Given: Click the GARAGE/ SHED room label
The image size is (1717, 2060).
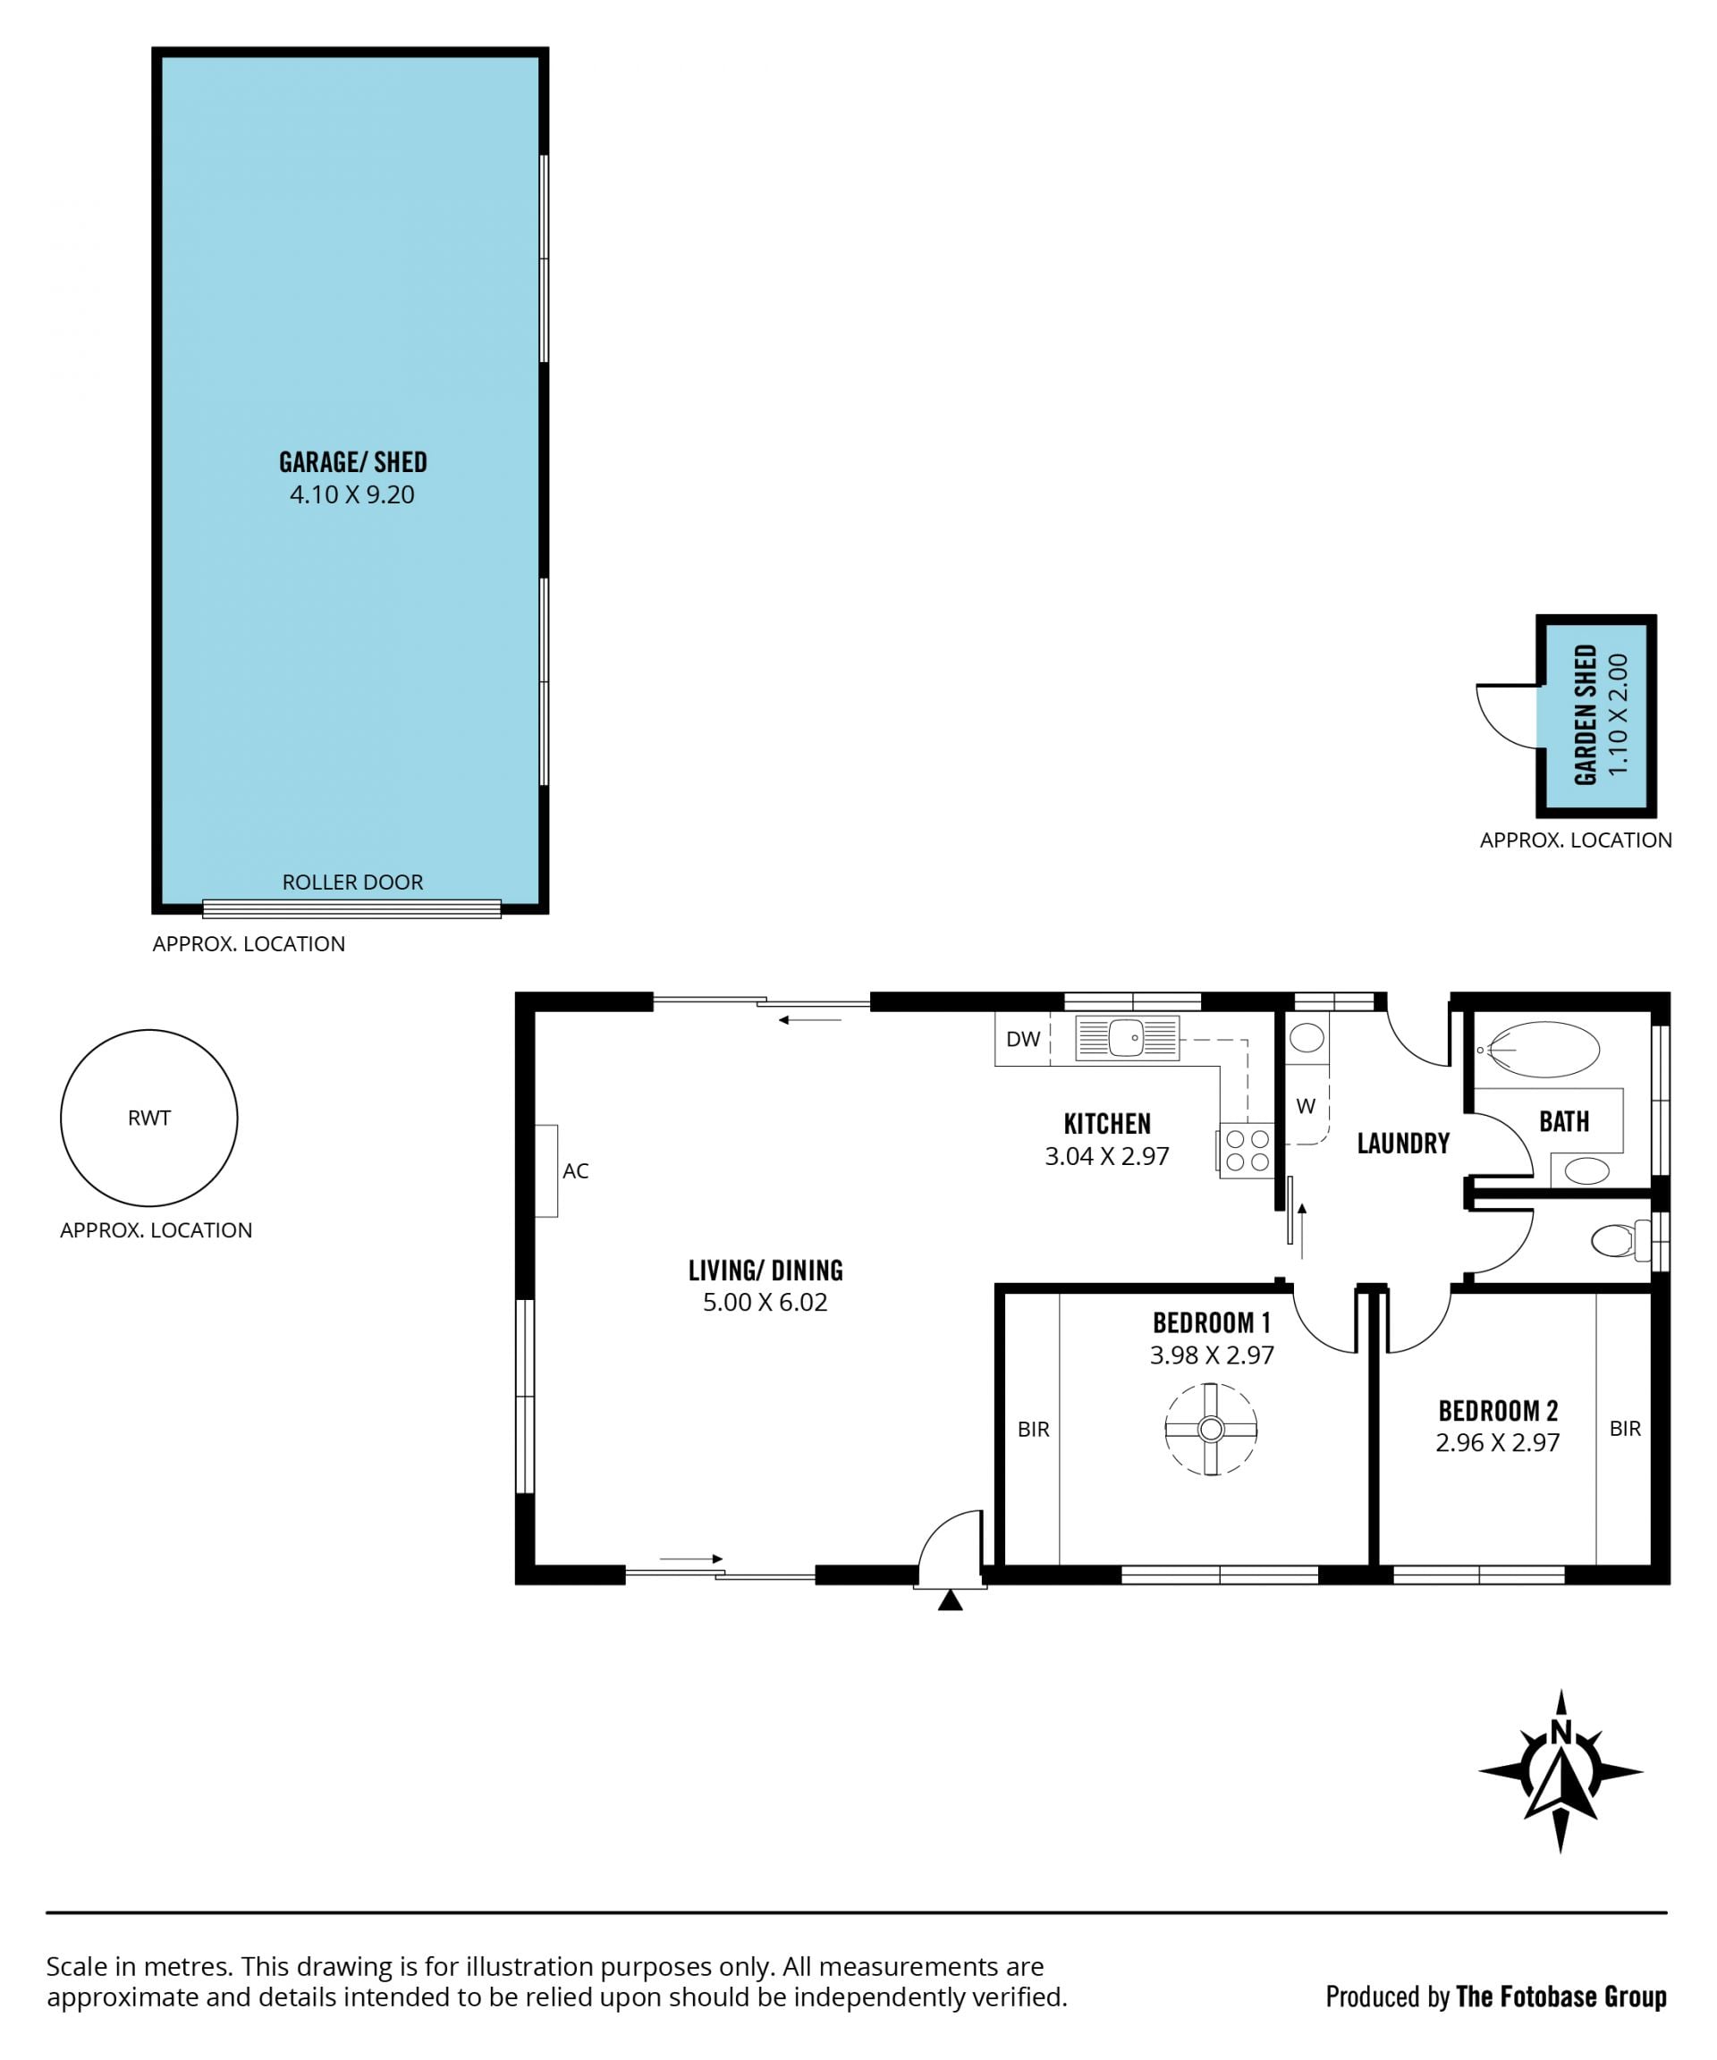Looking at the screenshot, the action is click(x=353, y=462).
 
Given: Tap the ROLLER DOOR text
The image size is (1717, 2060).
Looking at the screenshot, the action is click(x=353, y=882).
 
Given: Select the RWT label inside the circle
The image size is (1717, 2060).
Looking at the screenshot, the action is click(x=149, y=1118).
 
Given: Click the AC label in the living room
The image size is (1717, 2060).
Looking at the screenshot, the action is click(x=576, y=1170).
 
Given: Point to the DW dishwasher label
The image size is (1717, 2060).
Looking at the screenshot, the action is click(x=1023, y=1039).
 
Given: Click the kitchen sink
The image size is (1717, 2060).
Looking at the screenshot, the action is click(x=1128, y=1038).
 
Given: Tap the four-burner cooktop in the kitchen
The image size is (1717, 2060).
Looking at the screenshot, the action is click(x=1247, y=1151).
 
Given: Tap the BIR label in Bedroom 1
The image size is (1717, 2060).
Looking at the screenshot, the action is click(x=1033, y=1430).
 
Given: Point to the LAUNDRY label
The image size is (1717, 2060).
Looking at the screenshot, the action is click(x=1403, y=1143).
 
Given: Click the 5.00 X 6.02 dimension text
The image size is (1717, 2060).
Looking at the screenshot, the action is click(x=765, y=1302).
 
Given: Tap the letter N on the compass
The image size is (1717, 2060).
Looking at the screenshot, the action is click(x=1561, y=1733).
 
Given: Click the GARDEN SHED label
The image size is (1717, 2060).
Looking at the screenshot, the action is click(x=1586, y=715).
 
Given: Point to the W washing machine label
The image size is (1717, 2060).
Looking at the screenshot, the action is click(x=1306, y=1107).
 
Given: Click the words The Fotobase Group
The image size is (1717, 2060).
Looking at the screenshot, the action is click(x=1562, y=1997).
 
